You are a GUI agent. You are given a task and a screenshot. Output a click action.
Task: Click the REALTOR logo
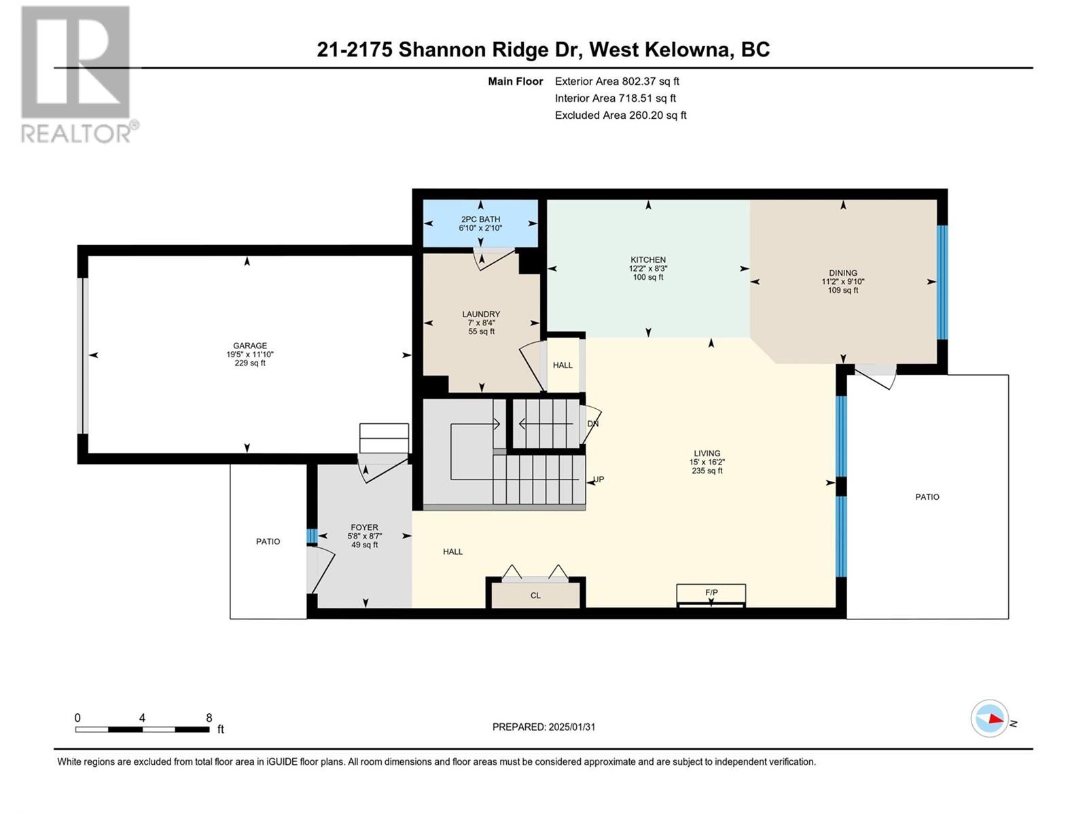tap(79, 74)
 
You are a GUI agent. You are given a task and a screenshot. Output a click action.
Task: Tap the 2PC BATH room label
tap(480, 219)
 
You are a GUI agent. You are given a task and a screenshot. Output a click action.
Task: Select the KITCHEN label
tap(647, 260)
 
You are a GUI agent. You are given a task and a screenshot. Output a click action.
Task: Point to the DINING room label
tap(843, 272)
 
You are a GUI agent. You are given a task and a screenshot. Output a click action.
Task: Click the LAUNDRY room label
tap(481, 314)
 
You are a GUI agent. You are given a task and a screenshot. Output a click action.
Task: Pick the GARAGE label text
tap(250, 346)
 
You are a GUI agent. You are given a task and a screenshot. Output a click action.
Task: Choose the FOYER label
tap(364, 528)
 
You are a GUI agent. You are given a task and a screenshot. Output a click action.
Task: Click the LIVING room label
tap(707, 453)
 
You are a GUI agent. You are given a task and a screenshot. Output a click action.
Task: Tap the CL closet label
tap(535, 596)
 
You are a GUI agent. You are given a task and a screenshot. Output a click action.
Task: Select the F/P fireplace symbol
tap(711, 596)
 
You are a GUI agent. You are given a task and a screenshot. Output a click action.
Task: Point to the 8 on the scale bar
tap(209, 717)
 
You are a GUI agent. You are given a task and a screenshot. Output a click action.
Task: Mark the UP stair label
tap(599, 479)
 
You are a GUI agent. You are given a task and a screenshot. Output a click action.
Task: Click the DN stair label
tap(593, 424)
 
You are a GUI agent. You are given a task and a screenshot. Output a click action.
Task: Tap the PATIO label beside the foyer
tap(268, 541)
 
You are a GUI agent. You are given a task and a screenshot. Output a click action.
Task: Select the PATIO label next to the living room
tap(927, 497)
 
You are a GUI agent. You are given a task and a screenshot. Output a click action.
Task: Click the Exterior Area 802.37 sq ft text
tap(617, 81)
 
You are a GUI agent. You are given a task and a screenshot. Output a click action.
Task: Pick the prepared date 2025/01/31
tap(571, 727)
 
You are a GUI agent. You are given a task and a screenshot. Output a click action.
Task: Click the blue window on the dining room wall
tap(942, 283)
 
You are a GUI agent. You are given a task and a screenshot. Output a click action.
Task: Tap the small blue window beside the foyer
tap(311, 536)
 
